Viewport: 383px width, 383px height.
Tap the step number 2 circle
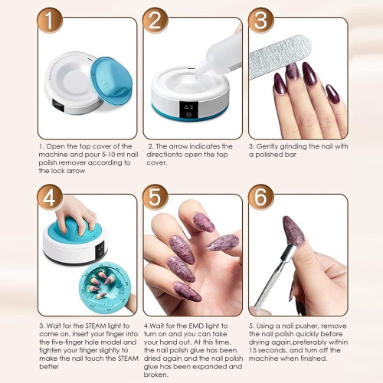pyautogui.click(x=155, y=22)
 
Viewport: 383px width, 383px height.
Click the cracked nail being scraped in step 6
pyautogui.click(x=295, y=230)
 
